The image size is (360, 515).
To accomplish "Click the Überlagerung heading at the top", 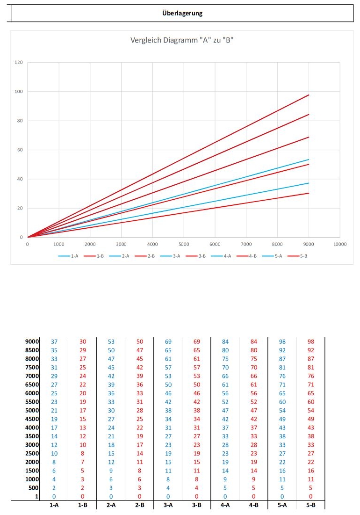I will [x=182, y=13].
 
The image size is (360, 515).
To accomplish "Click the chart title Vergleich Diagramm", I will [x=182, y=40].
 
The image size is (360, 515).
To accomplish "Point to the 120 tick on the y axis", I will [x=19, y=62].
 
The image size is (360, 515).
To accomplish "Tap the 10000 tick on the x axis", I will [x=339, y=244].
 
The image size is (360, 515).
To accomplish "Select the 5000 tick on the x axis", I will [x=184, y=244].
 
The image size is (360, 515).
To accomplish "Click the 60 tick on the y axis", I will [x=21, y=150].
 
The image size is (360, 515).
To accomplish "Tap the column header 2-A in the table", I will [x=111, y=505].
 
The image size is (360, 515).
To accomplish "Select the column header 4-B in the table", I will [x=254, y=505].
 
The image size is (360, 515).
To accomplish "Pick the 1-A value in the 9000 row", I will [x=54, y=341].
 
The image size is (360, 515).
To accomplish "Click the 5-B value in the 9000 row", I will [x=311, y=341].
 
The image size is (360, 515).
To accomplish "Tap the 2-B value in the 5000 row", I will [x=139, y=410].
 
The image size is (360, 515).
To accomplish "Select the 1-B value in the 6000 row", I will [x=82, y=393].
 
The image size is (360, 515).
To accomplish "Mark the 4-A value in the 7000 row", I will [x=225, y=376].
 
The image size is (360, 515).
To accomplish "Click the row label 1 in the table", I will [x=36, y=496].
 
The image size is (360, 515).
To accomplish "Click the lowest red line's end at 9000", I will [x=309, y=193].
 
